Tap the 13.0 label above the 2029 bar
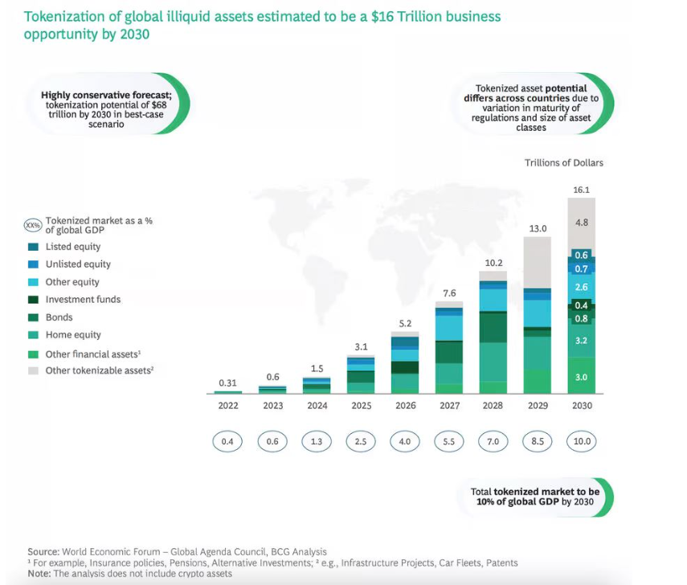point(538,229)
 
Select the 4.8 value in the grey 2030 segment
point(582,222)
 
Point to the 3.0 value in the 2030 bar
point(582,377)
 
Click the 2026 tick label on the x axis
point(406,406)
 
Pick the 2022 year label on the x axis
point(229,406)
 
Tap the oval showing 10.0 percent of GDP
point(582,441)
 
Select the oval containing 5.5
point(449,441)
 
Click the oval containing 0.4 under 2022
point(229,441)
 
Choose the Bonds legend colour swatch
point(33,317)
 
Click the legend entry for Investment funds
point(83,300)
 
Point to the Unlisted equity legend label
point(78,264)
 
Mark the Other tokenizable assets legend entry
point(98,370)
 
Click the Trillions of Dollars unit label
point(564,163)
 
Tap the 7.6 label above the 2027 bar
point(450,293)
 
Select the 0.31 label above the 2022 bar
point(228,382)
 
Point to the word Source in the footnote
point(42,551)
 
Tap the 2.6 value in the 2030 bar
point(582,287)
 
